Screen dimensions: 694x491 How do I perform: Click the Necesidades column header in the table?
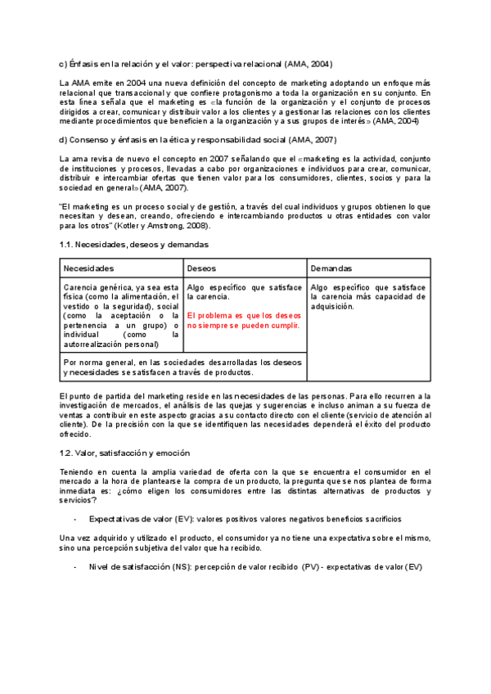coord(88,268)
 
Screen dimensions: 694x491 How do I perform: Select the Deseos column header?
coord(201,268)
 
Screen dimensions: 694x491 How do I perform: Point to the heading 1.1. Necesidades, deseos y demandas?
coord(133,244)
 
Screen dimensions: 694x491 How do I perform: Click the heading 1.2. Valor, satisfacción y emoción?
coord(124,453)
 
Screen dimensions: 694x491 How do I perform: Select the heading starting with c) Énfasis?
coord(196,64)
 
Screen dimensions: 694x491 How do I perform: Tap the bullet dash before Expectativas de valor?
coord(75,520)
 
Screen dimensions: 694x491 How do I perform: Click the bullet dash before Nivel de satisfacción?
coord(75,567)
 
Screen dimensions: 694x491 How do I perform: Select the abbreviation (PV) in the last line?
coord(310,567)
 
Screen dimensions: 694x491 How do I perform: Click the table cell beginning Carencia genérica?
coord(121,316)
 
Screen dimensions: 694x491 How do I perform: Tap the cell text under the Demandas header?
coord(368,297)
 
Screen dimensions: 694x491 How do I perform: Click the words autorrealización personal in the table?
coord(110,345)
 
